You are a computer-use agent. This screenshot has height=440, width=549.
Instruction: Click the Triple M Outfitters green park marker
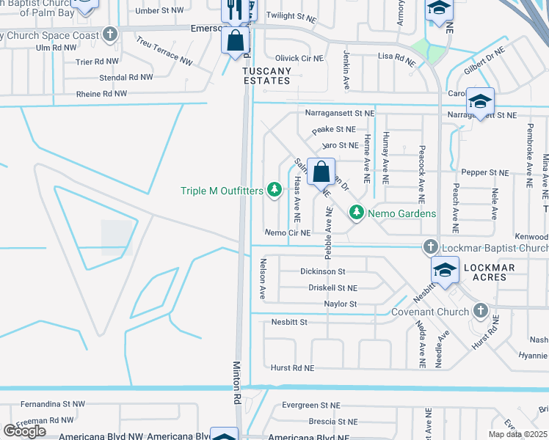tap(274, 191)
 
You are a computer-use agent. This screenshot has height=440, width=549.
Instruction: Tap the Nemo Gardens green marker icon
tap(357, 213)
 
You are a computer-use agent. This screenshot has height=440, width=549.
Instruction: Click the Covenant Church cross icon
tap(480, 312)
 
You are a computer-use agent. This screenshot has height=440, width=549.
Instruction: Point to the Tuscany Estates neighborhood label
tap(267, 76)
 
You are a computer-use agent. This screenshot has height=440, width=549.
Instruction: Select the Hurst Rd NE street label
tap(292, 368)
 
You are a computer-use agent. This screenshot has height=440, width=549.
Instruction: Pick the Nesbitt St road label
tap(288, 321)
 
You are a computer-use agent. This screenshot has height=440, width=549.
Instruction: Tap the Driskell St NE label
tap(332, 288)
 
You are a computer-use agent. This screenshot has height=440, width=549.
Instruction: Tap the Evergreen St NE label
tap(311, 405)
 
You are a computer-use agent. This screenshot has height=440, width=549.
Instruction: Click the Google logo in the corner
tap(24, 430)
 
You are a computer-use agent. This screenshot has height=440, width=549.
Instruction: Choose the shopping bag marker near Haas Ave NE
tap(321, 174)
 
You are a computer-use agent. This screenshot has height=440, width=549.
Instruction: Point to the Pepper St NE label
tap(481, 172)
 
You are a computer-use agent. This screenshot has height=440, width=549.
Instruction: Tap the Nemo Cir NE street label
tap(288, 232)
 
